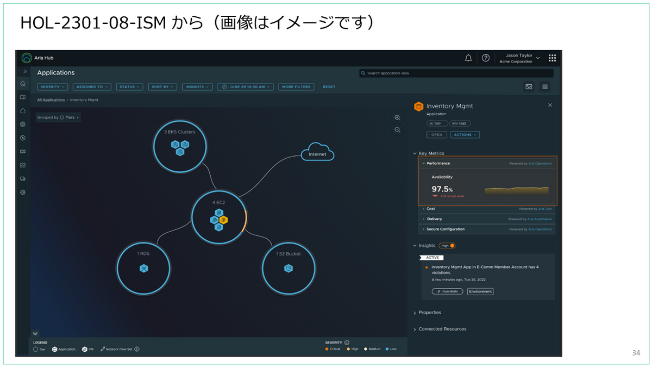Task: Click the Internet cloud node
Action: coord(317,154)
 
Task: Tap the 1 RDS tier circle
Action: coord(143,268)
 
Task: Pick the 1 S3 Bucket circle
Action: coord(289,268)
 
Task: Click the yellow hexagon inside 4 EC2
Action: coord(223,220)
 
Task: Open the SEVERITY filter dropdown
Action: coord(53,87)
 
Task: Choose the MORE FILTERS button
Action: coord(296,87)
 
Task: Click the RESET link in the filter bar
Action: coord(329,87)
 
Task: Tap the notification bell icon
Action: coord(468,58)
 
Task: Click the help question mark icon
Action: coord(486,58)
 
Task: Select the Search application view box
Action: coord(456,73)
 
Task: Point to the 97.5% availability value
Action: coord(442,189)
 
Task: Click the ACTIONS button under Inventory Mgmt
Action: coord(465,135)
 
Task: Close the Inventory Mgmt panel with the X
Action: coord(550,105)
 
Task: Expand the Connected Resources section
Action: coord(442,329)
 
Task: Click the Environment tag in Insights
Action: coord(480,291)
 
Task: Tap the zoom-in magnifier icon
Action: coord(397,117)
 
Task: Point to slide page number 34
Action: coord(636,353)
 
